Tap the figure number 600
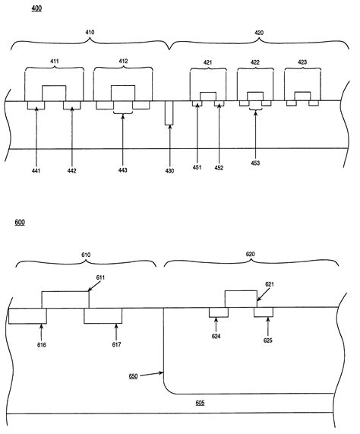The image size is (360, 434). pyautogui.click(x=20, y=223)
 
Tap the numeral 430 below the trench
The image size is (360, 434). pyautogui.click(x=169, y=170)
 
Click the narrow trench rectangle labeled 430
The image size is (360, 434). pyautogui.click(x=169, y=113)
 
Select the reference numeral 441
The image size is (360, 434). pyautogui.click(x=36, y=170)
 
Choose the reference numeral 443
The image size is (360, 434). pyautogui.click(x=123, y=170)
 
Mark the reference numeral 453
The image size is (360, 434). pyautogui.click(x=255, y=163)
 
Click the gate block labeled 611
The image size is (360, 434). pyautogui.click(x=65, y=299)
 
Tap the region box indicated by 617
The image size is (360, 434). pyautogui.click(x=103, y=315)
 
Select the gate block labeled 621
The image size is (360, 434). pyautogui.click(x=240, y=298)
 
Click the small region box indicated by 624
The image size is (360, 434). pyautogui.click(x=218, y=312)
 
